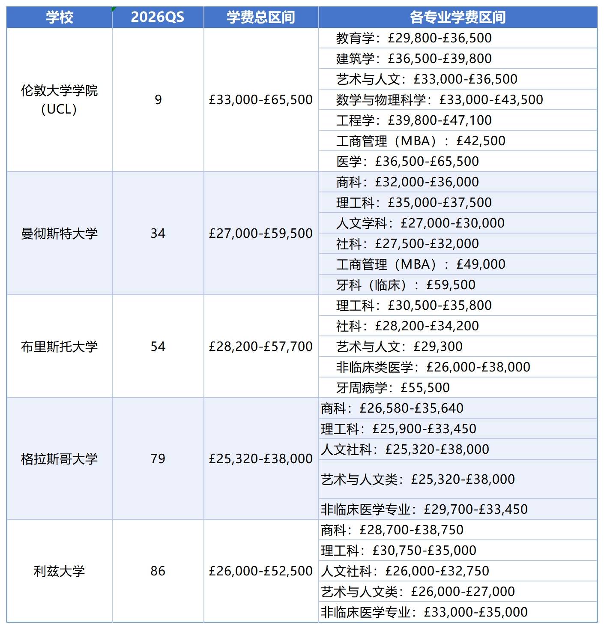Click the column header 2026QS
158,17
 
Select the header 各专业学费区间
457,17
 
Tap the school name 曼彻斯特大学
60,234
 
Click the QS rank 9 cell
158,100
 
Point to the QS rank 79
158,459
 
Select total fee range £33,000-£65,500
261,100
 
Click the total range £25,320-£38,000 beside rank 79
261,459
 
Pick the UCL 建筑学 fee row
414,59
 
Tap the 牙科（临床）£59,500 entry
406,285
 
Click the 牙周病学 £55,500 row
393,388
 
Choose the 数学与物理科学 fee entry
440,100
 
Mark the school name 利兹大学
60,571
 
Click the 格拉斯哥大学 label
60,459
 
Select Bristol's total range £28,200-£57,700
261,347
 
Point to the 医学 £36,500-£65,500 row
407,162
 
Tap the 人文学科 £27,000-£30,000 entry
420,223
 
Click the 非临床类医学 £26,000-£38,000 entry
433,367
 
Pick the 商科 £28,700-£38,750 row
392,530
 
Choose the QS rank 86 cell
158,571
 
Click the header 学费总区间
261,17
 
